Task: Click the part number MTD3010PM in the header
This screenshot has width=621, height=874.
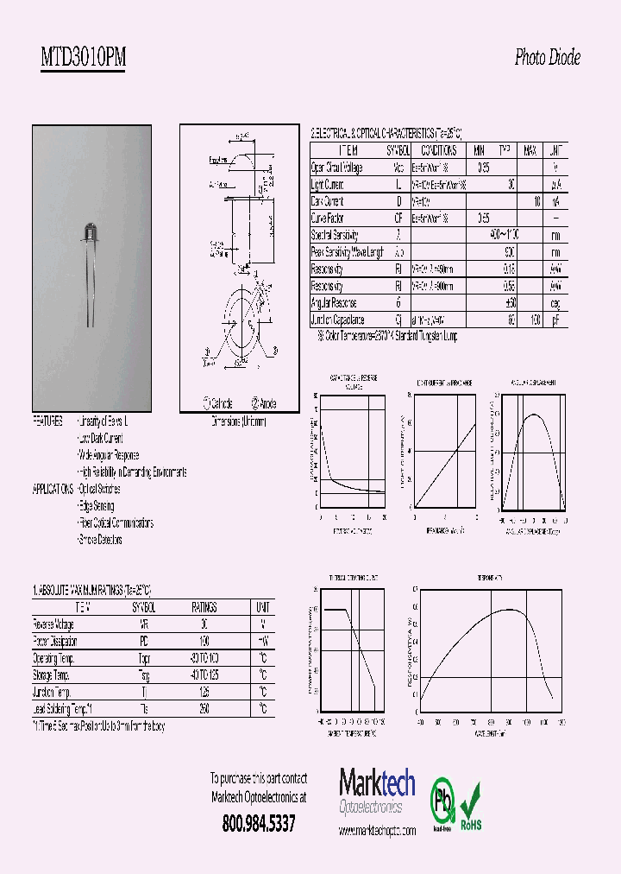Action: (x=83, y=59)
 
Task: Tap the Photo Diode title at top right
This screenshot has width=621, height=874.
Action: (x=547, y=58)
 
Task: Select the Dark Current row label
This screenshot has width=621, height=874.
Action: (x=328, y=201)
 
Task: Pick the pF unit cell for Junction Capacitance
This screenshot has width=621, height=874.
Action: (x=556, y=320)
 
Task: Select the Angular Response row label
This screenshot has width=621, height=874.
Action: (x=334, y=303)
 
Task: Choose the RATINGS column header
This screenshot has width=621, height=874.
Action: (x=204, y=607)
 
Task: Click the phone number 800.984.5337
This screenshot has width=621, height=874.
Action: (x=258, y=824)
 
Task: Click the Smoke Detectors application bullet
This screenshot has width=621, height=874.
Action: (x=100, y=540)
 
